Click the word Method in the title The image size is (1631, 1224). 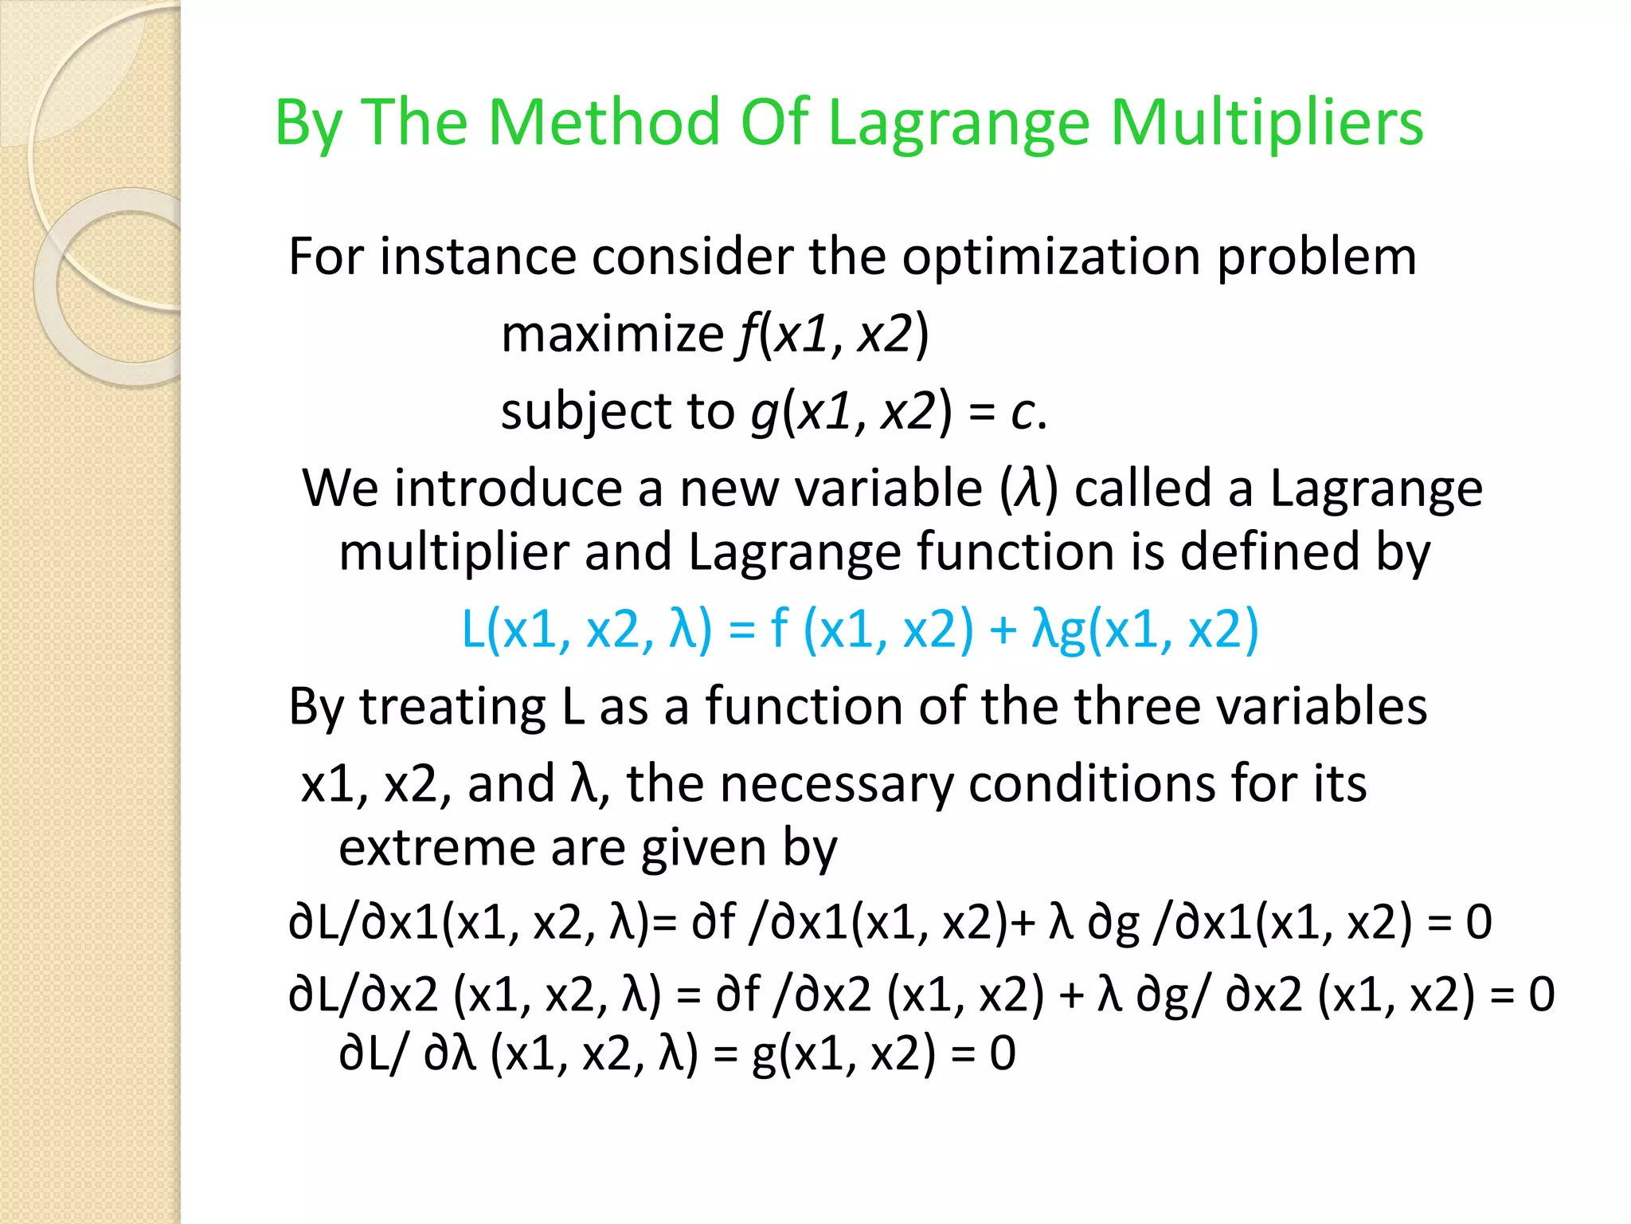click(606, 123)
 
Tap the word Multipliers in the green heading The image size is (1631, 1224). click(1266, 123)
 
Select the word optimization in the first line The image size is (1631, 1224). click(1051, 257)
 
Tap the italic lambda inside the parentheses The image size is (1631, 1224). click(1029, 488)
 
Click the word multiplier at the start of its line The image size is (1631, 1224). click(453, 552)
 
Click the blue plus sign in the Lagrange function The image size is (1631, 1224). click(1003, 630)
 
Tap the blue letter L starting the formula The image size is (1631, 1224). click(473, 630)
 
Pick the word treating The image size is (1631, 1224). click(452, 707)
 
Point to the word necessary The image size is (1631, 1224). click(835, 784)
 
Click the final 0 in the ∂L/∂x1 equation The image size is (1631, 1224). click(1479, 922)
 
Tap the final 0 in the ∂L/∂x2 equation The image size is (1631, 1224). click(1541, 994)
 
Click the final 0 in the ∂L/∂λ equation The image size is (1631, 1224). click(1003, 1053)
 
